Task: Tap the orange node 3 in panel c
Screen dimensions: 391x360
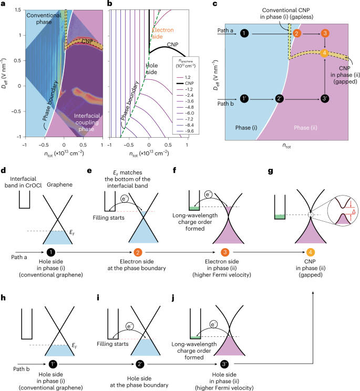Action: [x=325, y=34]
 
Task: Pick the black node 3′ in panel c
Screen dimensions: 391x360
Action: [x=325, y=99]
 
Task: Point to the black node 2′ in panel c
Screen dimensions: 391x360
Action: [x=281, y=99]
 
